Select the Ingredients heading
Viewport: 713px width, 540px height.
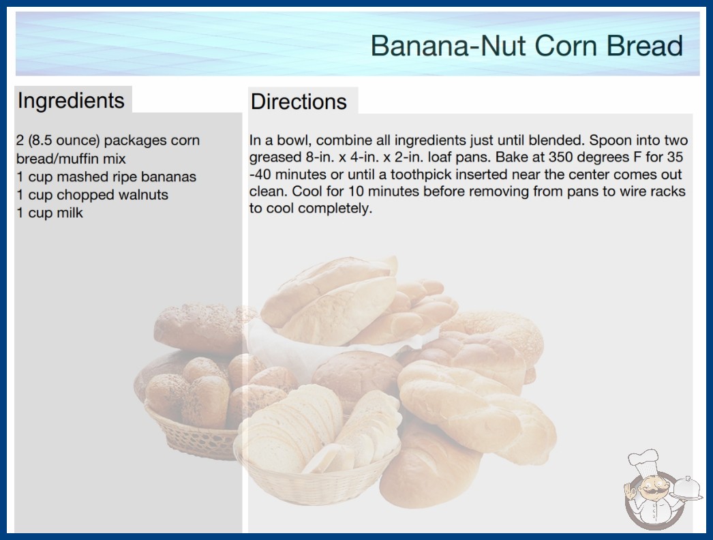71,101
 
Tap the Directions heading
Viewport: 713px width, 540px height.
299,102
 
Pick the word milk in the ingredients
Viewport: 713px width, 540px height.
70,213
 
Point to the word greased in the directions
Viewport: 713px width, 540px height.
275,158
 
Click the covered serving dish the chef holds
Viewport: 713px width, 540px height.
687,489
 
